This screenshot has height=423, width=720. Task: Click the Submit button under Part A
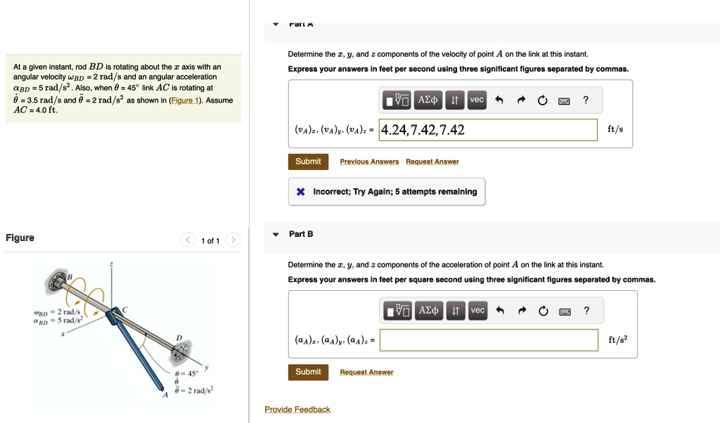pyautogui.click(x=308, y=162)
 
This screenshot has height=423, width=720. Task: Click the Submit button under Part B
pyautogui.click(x=308, y=372)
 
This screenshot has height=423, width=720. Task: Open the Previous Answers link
pyautogui.click(x=369, y=162)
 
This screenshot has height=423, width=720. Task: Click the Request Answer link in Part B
pyautogui.click(x=366, y=372)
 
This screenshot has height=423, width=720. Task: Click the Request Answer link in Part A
pyautogui.click(x=432, y=162)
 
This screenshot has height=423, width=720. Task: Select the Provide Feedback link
pyautogui.click(x=297, y=410)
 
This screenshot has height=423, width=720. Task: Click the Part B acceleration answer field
pyautogui.click(x=489, y=340)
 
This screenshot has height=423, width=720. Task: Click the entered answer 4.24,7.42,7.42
pyautogui.click(x=423, y=130)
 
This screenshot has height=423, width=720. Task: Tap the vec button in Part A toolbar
pyautogui.click(x=477, y=100)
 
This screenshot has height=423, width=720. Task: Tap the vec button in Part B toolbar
pyautogui.click(x=477, y=311)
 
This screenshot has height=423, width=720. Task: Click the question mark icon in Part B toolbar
pyautogui.click(x=586, y=311)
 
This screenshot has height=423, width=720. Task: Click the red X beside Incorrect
pyautogui.click(x=301, y=192)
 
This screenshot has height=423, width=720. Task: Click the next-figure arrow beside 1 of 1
pyautogui.click(x=233, y=241)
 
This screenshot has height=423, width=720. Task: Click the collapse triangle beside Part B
pyautogui.click(x=276, y=234)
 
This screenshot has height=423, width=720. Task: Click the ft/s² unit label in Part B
pyautogui.click(x=617, y=340)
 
